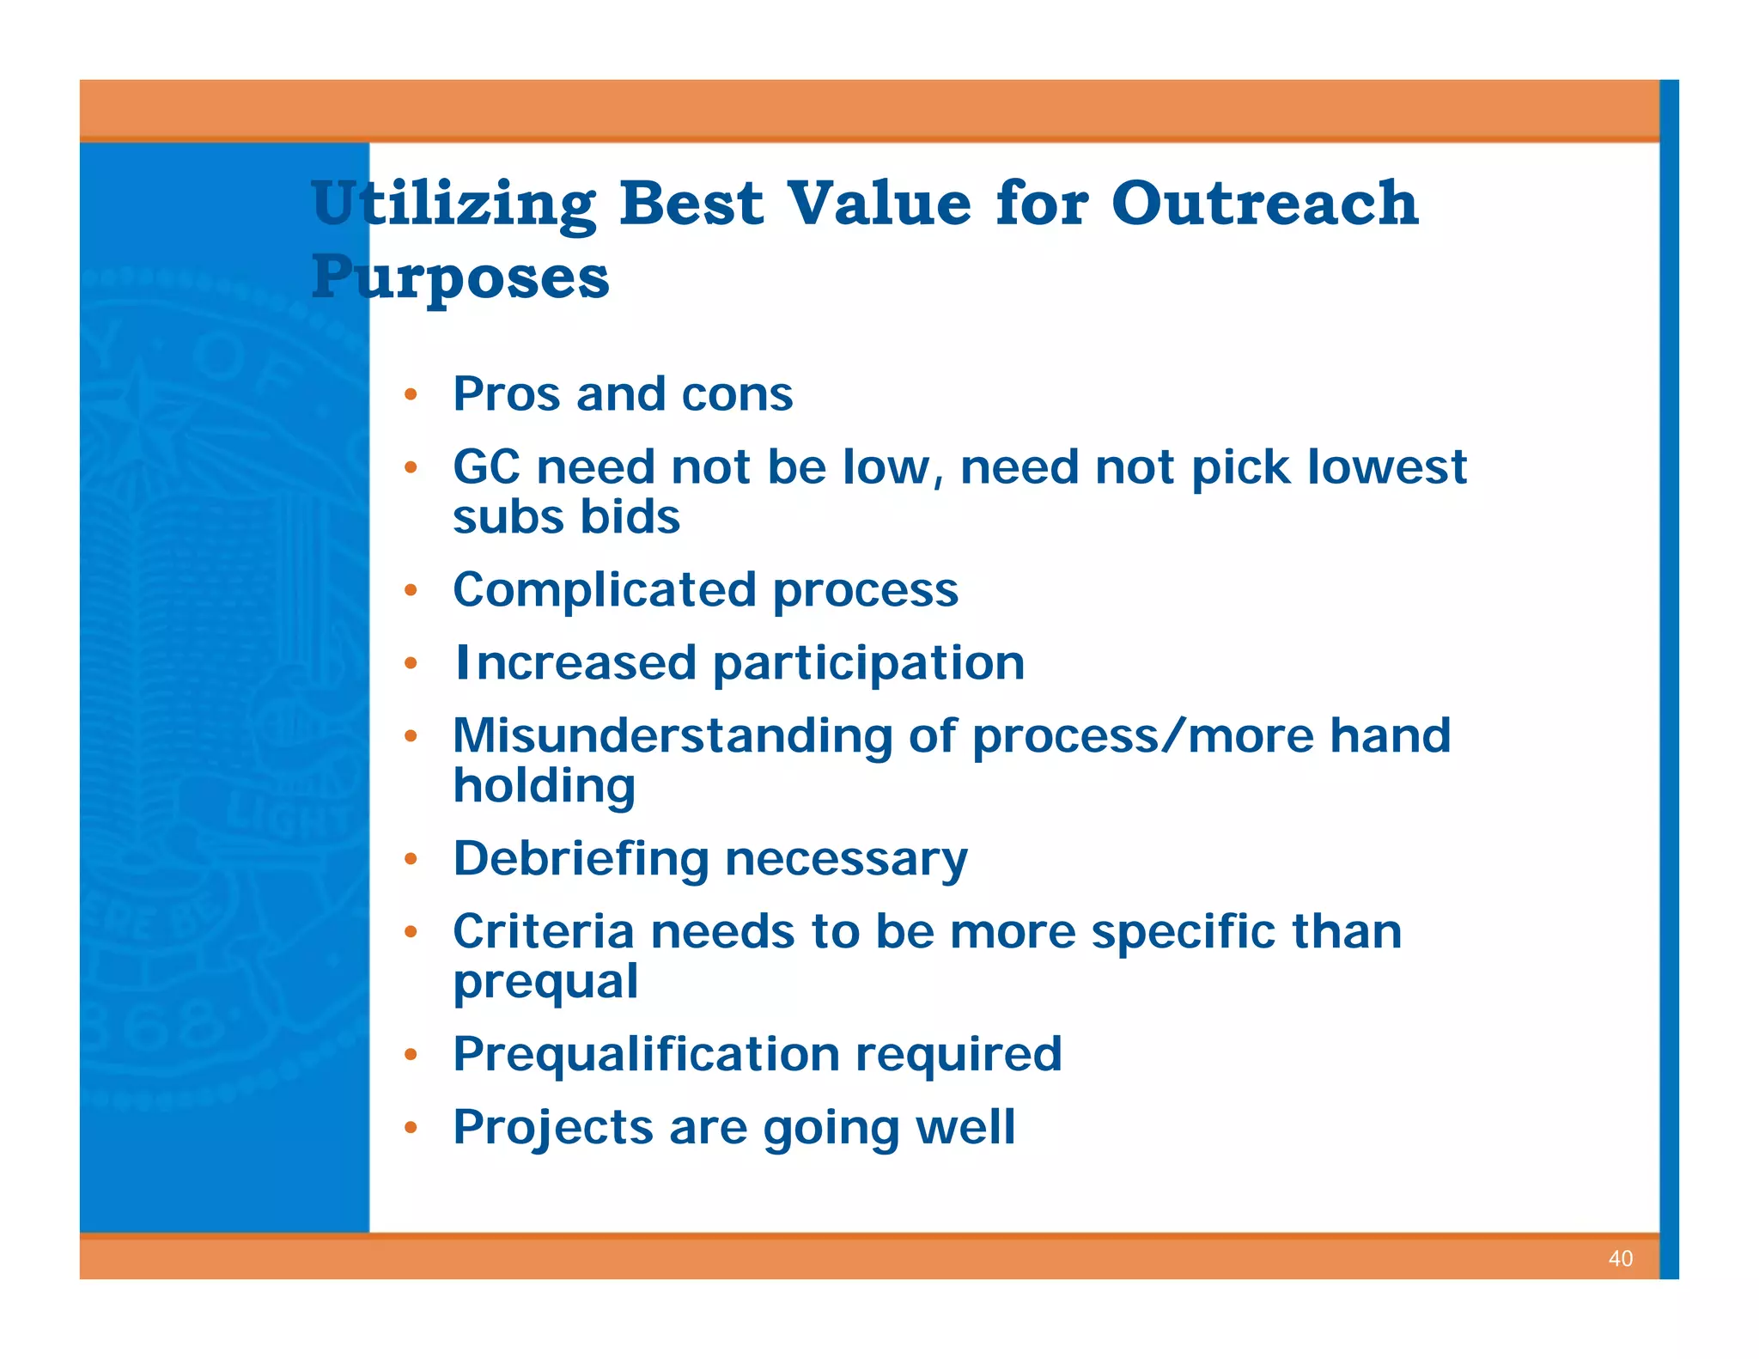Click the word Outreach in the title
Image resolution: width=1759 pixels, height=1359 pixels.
(x=1263, y=204)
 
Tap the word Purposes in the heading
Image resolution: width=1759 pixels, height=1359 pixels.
(x=460, y=277)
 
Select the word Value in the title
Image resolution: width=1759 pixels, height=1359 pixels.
(x=880, y=204)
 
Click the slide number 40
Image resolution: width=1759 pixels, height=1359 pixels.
(x=1620, y=1258)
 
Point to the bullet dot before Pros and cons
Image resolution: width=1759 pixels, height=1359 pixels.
(x=411, y=395)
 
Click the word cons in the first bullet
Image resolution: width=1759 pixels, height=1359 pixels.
(x=736, y=394)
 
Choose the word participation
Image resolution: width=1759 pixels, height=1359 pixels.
(x=868, y=664)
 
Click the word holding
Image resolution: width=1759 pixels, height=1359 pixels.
(x=545, y=786)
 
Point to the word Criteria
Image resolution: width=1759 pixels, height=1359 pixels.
(x=543, y=931)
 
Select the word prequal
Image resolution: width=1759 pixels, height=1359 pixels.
(x=545, y=981)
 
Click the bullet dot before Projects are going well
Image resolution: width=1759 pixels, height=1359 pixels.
(x=411, y=1128)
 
